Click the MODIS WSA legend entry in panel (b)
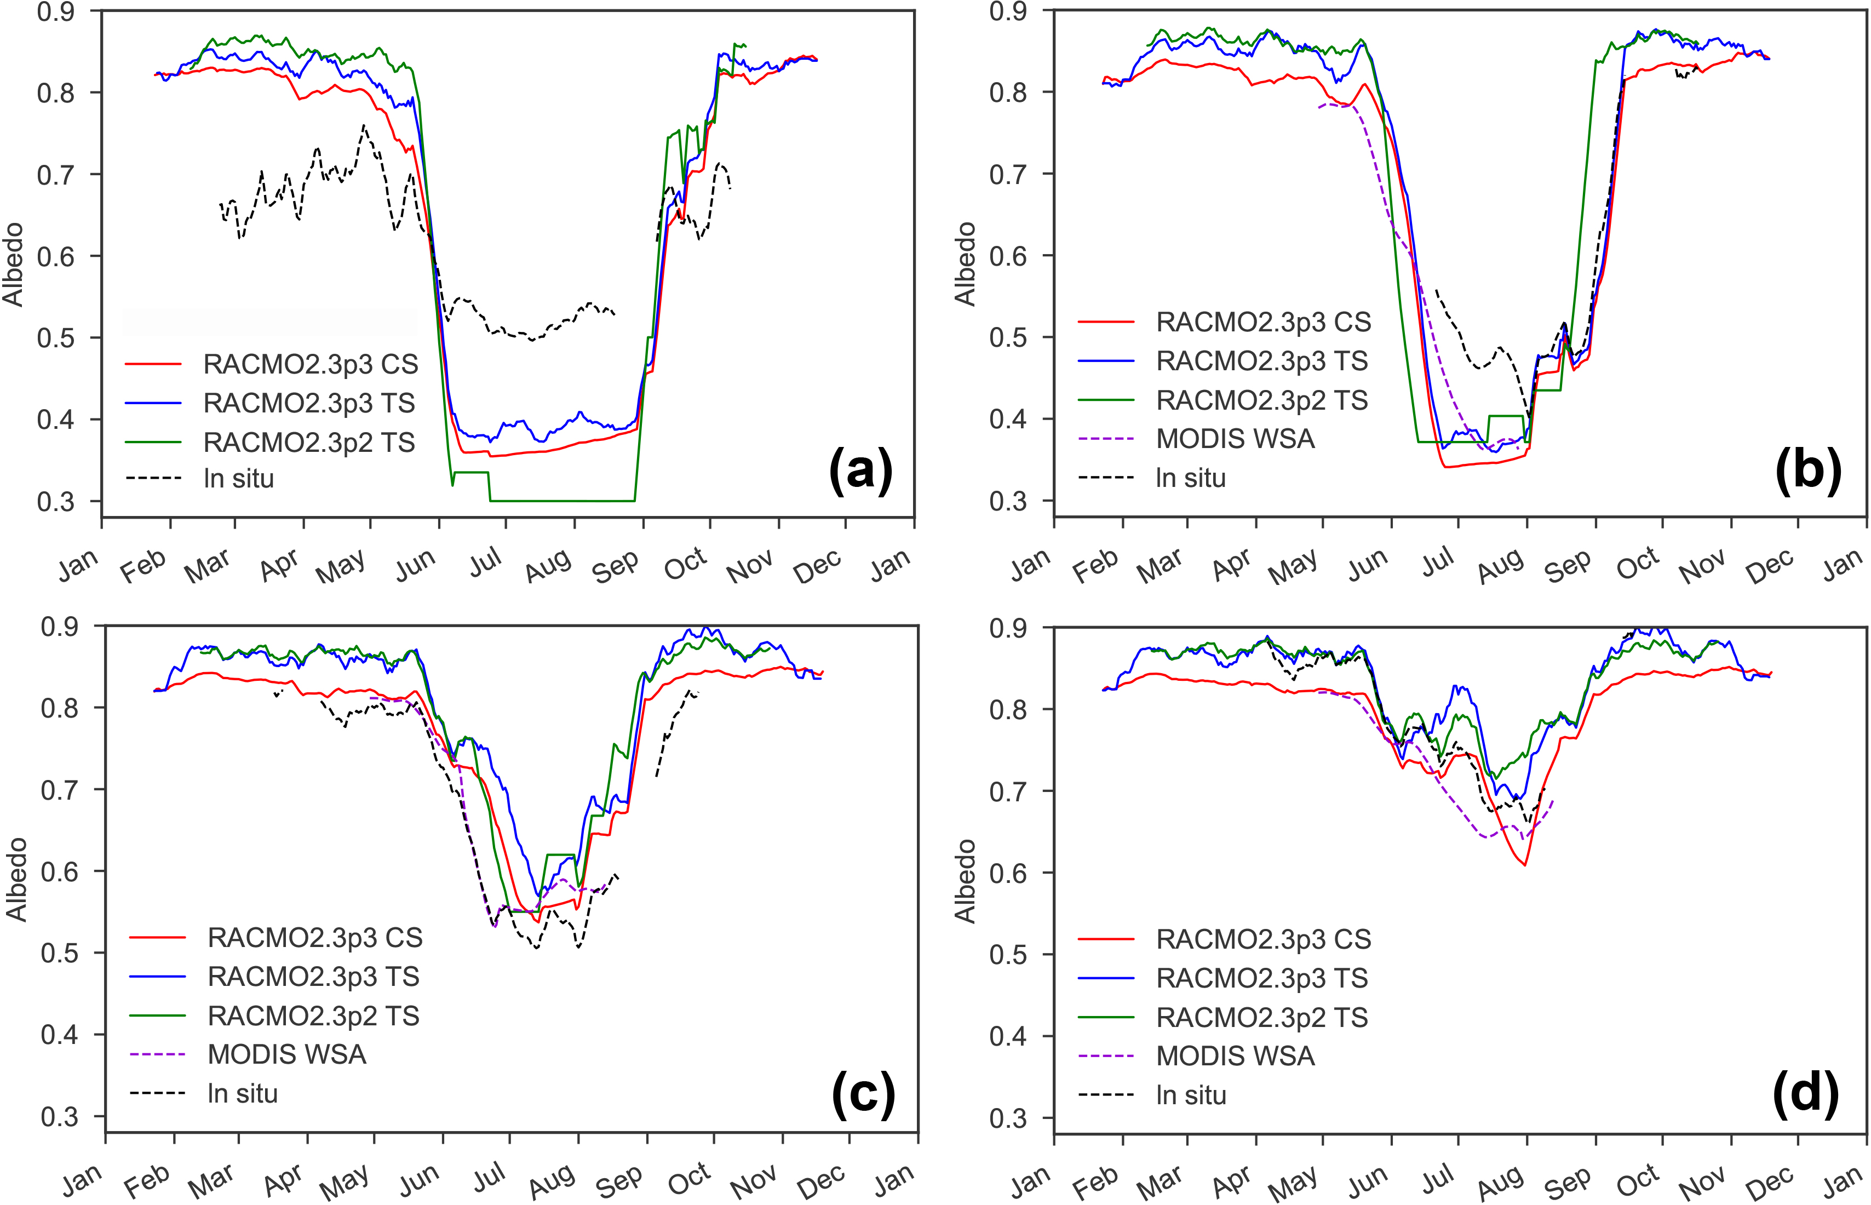[x=1235, y=439]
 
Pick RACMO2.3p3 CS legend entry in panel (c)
[x=314, y=937]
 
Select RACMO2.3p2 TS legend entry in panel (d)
[x=1261, y=1017]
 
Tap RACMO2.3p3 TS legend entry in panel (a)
[x=308, y=403]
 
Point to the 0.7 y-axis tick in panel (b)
[x=1009, y=174]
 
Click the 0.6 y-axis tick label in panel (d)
[x=1009, y=873]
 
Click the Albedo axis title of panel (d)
[x=966, y=880]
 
